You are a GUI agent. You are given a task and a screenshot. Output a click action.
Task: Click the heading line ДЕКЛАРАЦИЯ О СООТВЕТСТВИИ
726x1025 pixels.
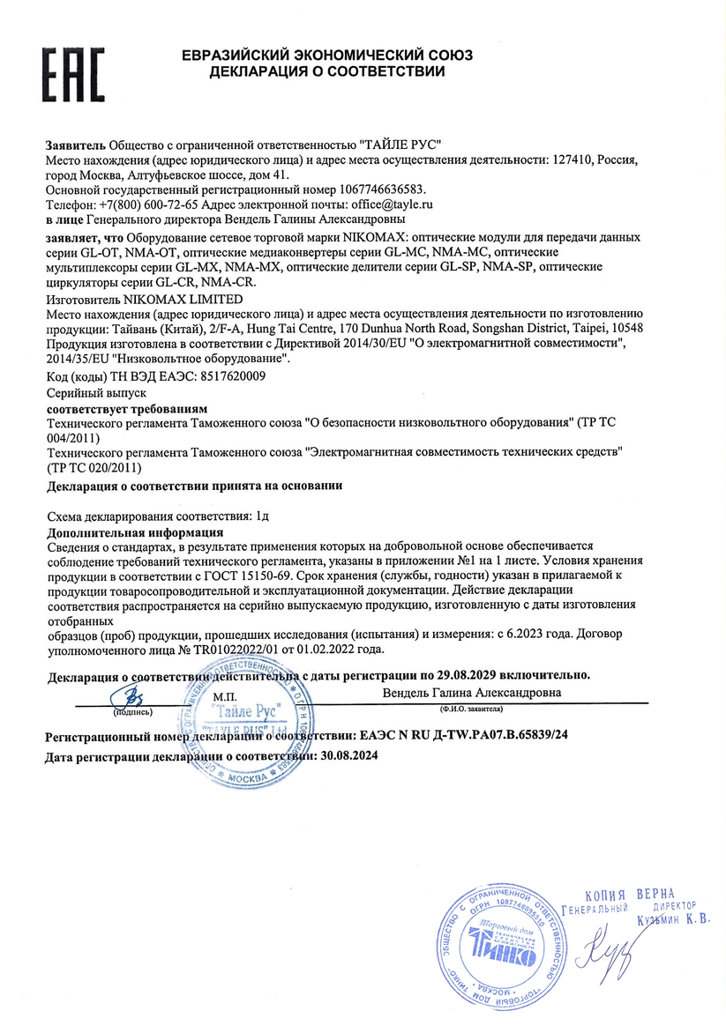pos(326,71)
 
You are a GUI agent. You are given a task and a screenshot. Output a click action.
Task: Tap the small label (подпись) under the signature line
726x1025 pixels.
pos(132,709)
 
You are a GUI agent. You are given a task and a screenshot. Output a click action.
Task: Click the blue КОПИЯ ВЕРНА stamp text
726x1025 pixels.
pos(629,895)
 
